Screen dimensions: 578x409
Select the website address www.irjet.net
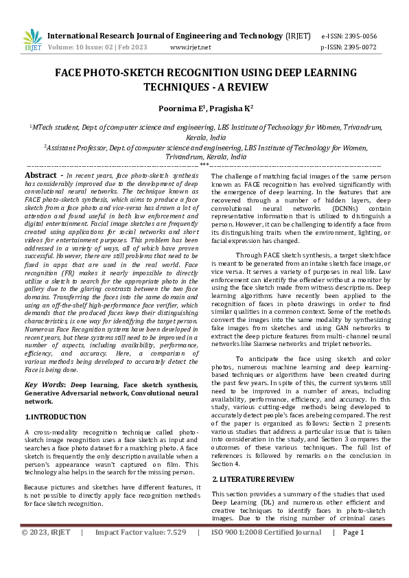(x=189, y=47)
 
